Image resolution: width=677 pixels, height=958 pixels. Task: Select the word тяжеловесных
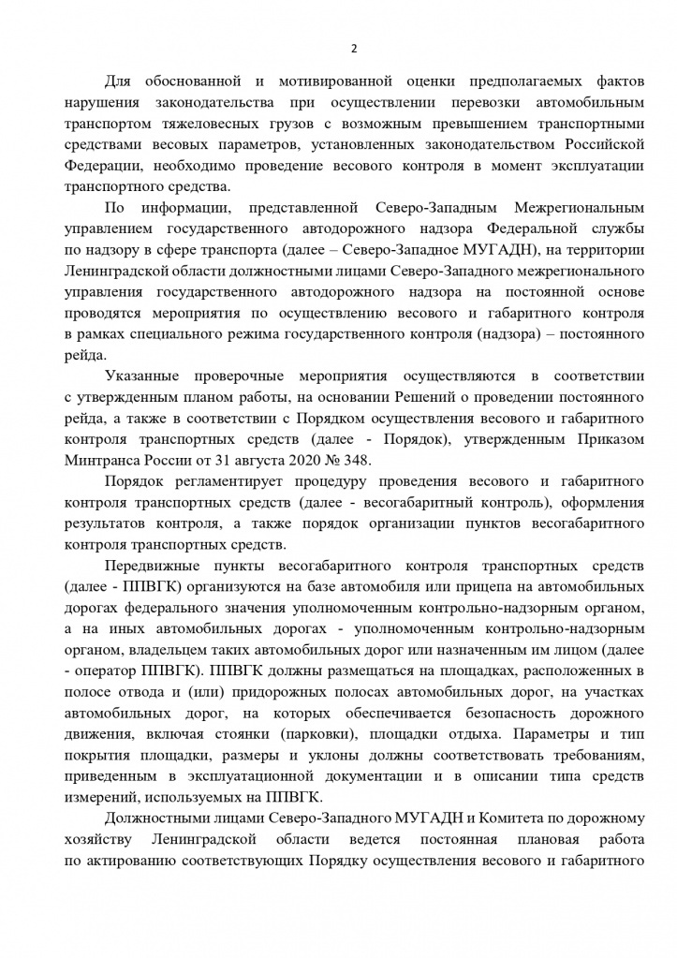coord(198,123)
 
